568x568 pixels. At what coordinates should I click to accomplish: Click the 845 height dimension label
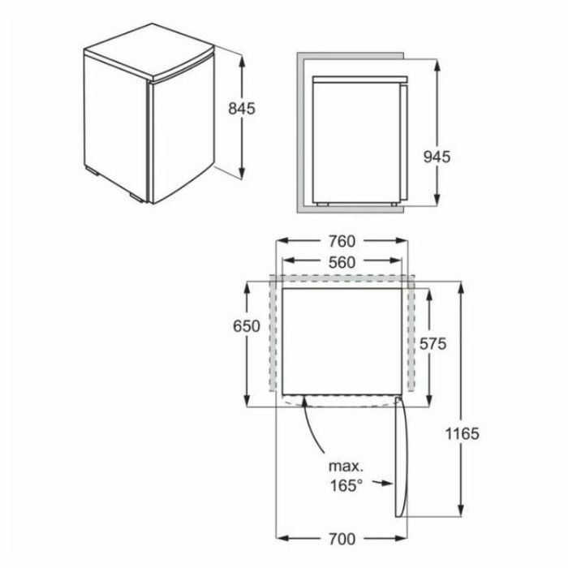click(x=242, y=108)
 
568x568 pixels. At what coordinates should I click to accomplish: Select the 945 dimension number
click(x=437, y=157)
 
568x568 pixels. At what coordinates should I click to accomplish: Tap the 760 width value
click(x=342, y=241)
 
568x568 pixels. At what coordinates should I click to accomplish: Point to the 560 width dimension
click(x=342, y=262)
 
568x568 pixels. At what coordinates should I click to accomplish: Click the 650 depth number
click(x=247, y=326)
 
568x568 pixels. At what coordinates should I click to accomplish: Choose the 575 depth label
click(x=432, y=343)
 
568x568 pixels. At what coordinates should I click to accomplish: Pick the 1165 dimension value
click(x=462, y=433)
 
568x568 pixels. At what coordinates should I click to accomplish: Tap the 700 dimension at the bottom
click(x=342, y=539)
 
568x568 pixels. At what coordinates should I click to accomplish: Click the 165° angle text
click(x=346, y=485)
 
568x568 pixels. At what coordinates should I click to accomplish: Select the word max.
click(x=346, y=467)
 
